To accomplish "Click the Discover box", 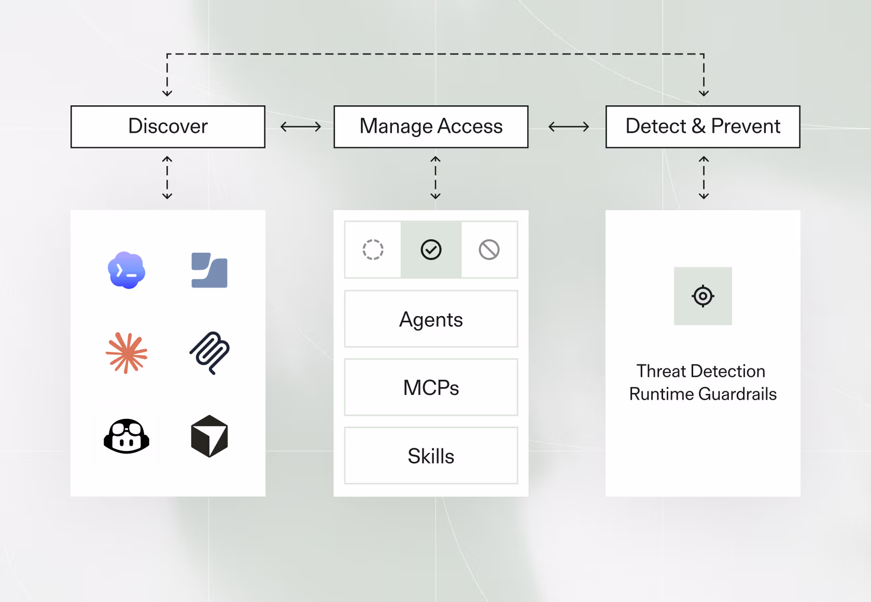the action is pos(168,127).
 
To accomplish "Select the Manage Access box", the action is pos(431,127).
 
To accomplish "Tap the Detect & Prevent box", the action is pos(703,127).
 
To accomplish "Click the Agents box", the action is pos(431,319).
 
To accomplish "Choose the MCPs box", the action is pos(431,387).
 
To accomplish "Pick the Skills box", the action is pos(431,456).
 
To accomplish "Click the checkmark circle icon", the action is pos(431,250).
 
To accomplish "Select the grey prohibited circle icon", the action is pos(489,250).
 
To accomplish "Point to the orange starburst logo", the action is pos(127,353).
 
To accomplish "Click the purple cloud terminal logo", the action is pos(127,270).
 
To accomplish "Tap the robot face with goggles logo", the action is pos(127,436).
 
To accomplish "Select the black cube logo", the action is pos(209,436).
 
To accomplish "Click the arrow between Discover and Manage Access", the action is pos(301,127).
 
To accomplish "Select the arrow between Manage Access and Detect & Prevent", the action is pos(568,127).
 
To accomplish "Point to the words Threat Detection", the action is pos(701,371).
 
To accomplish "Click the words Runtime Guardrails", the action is pos(703,394).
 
